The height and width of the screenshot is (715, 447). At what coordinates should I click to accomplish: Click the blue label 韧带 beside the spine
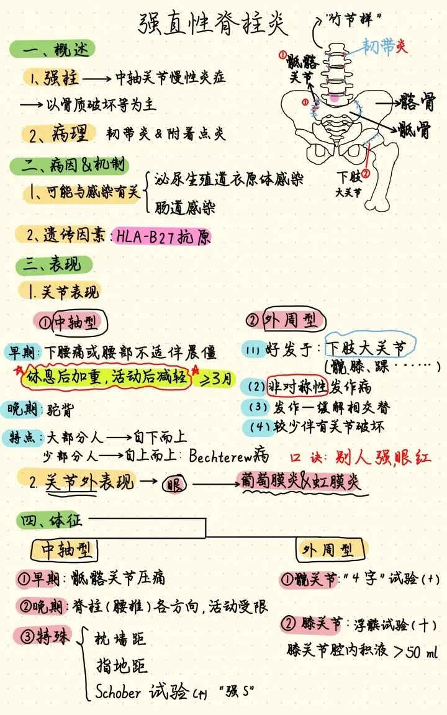[x=378, y=46]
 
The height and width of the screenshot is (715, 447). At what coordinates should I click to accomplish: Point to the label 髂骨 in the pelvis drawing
[x=417, y=100]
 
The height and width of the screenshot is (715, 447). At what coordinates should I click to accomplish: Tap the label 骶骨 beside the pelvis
[x=415, y=130]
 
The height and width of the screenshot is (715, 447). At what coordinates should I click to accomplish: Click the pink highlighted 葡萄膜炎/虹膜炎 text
[x=299, y=482]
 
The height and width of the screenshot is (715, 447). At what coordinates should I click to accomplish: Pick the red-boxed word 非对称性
[x=297, y=387]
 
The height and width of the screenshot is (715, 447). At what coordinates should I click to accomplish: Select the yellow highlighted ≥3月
[x=215, y=378]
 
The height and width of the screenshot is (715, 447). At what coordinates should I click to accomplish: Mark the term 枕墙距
[x=121, y=639]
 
